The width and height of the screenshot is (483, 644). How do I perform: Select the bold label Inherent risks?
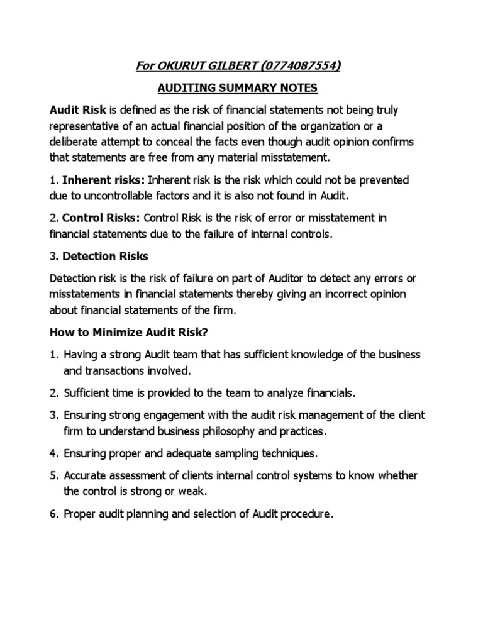coord(104,180)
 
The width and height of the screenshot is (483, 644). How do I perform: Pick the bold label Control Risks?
coord(101,218)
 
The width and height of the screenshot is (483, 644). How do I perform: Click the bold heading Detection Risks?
coord(106,257)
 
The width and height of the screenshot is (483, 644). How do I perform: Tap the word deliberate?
coord(75,142)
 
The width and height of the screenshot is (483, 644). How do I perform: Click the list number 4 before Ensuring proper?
coord(53,453)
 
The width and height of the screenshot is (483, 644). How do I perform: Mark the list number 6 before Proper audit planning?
coord(53,514)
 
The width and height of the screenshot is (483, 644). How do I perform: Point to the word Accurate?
coord(86,475)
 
